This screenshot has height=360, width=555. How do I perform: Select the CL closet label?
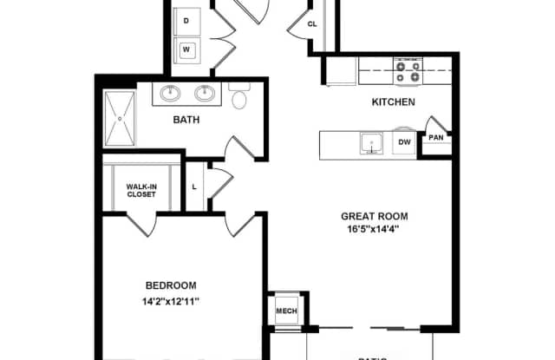pos(313,24)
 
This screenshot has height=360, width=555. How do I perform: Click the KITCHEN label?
pos(393,102)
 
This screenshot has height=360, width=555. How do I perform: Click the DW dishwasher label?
pos(404,142)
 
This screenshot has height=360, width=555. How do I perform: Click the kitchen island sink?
pos(372,143)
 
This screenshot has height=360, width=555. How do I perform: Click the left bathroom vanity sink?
pos(171,93)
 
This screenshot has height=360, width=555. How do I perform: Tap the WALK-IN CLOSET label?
pos(141,190)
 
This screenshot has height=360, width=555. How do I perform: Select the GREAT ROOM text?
pos(374,217)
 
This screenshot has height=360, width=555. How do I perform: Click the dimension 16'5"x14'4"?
pos(374,230)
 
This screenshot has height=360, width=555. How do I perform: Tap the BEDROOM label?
pos(170,285)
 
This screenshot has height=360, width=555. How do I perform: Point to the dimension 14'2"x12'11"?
pos(170,301)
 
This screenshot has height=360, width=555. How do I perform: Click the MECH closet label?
pos(285,311)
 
